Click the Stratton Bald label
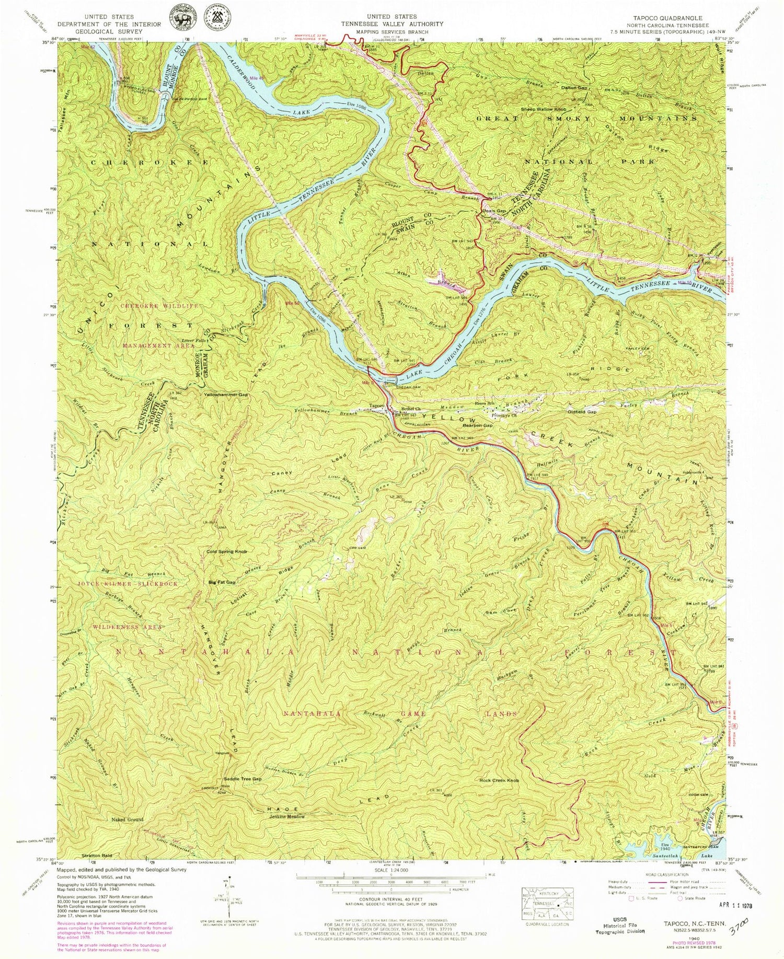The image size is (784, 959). (97, 871)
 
